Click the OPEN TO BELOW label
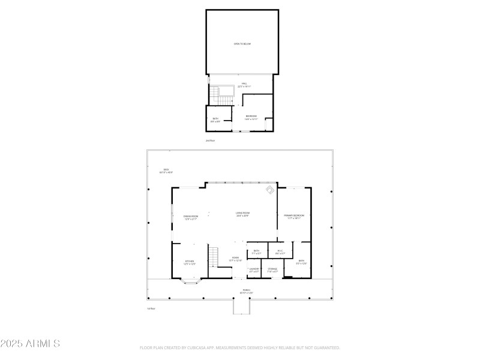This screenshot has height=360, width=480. pyautogui.click(x=242, y=44)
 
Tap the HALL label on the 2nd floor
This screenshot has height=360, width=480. pyautogui.click(x=244, y=84)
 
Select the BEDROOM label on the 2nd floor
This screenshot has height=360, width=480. pyautogui.click(x=251, y=117)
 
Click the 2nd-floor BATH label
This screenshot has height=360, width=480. pyautogui.click(x=215, y=119)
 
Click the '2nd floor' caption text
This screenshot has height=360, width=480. pyautogui.click(x=210, y=140)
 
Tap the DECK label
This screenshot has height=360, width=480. pyautogui.click(x=166, y=170)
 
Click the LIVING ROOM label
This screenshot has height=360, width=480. pyautogui.click(x=242, y=214)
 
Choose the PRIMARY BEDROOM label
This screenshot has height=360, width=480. pyautogui.click(x=294, y=216)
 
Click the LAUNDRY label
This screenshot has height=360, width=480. pyautogui.click(x=254, y=270)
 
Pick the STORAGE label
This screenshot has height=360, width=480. pyautogui.click(x=272, y=270)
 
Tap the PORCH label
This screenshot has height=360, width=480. pyautogui.click(x=246, y=291)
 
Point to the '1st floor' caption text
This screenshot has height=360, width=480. pyautogui.click(x=151, y=308)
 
